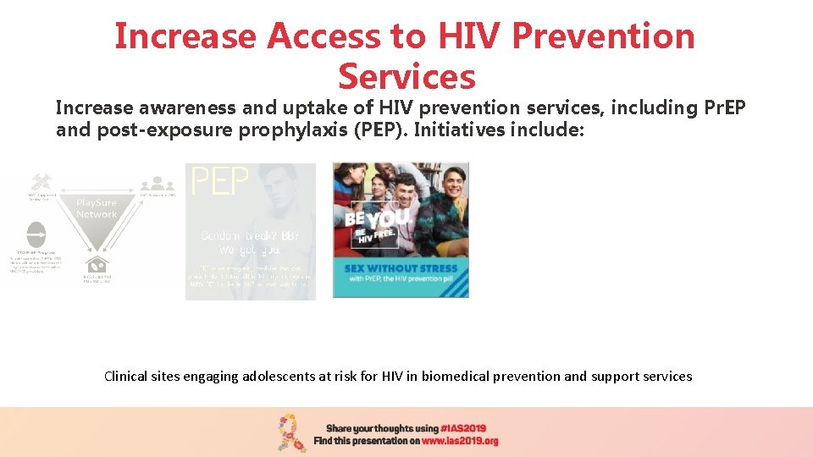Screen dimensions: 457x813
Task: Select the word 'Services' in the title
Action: click(406, 77)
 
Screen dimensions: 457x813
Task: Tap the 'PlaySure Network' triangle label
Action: click(97, 209)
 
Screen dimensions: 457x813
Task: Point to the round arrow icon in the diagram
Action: click(36, 234)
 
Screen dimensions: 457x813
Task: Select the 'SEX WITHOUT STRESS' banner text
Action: click(400, 268)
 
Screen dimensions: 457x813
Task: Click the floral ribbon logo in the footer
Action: click(292, 432)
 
